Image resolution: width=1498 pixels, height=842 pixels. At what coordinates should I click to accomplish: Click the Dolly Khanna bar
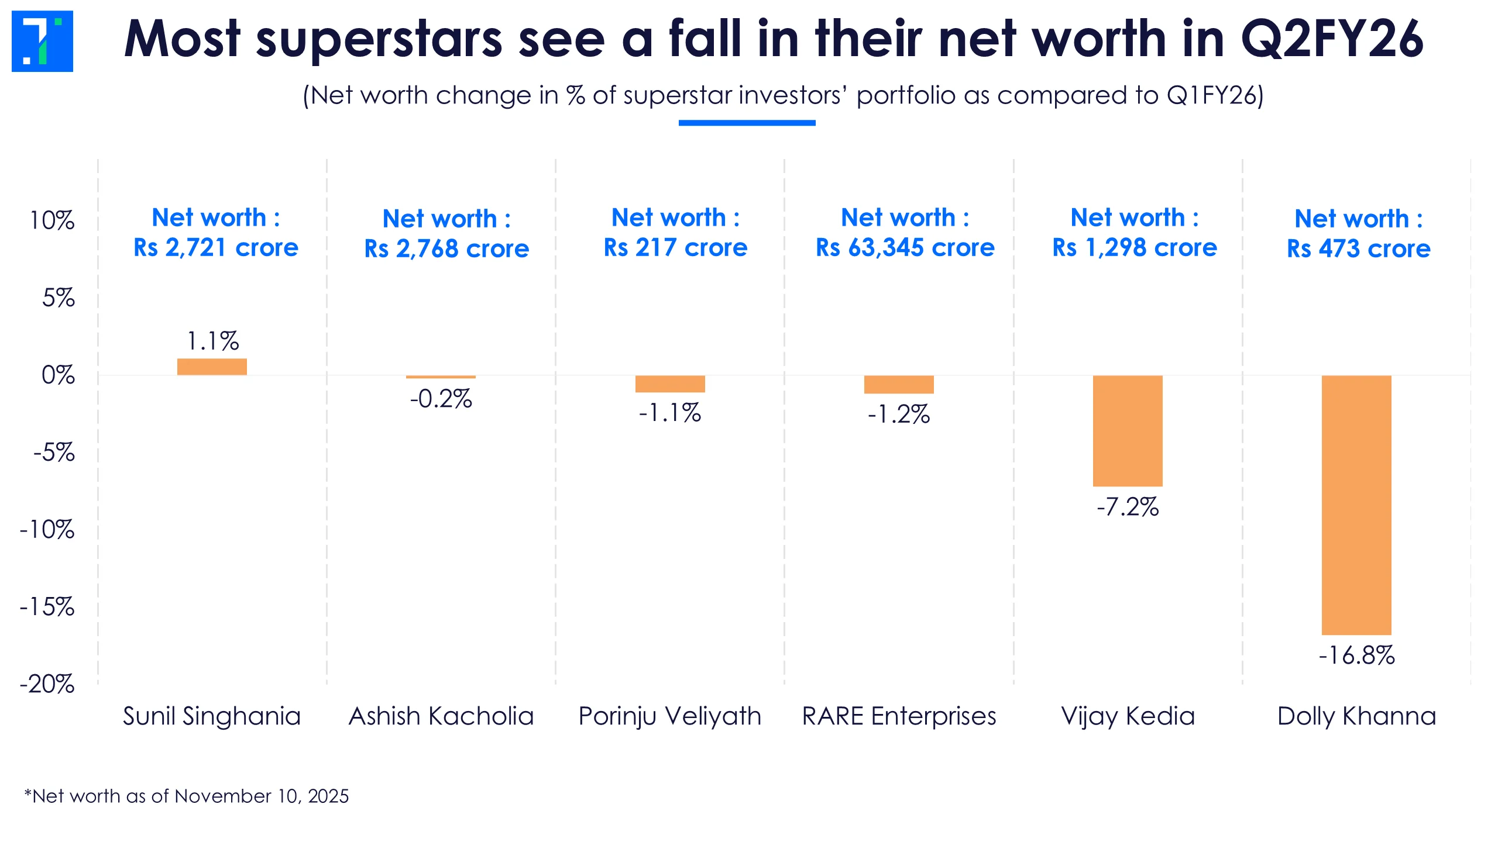pos(1356,505)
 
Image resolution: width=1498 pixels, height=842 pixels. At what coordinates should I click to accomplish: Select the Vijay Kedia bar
pos(1127,430)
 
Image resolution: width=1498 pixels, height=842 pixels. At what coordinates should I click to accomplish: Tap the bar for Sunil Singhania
pos(212,367)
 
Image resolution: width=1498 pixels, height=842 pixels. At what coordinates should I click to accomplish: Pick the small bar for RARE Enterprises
pos(898,384)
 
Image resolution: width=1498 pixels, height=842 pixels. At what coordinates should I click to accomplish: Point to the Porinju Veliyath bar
pos(669,384)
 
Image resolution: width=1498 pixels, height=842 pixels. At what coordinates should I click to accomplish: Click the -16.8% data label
pos(1356,655)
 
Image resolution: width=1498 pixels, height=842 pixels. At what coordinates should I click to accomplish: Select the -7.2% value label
pos(1127,507)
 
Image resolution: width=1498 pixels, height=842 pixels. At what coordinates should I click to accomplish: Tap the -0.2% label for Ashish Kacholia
pos(441,399)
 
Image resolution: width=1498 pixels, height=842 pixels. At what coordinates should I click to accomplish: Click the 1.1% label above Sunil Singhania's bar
pos(212,341)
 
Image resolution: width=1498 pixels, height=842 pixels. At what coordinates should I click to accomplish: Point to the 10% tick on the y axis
pos(52,220)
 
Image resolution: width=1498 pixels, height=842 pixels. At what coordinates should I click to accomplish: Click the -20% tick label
pos(47,684)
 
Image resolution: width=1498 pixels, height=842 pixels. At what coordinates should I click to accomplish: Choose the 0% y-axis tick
pos(58,375)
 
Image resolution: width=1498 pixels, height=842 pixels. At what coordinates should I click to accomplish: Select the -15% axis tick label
pos(47,606)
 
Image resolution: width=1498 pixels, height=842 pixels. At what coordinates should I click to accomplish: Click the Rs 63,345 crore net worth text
pos(905,248)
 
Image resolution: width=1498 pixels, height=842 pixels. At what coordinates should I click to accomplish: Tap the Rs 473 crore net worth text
pos(1358,249)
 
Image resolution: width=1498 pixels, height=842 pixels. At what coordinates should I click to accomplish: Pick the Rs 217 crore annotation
pos(675,248)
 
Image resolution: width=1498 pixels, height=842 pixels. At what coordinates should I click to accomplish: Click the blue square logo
pos(42,41)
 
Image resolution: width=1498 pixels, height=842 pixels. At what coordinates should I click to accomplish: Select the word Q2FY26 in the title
pos(1332,39)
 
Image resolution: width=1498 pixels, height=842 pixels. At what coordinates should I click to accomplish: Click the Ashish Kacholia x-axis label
pos(441,716)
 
